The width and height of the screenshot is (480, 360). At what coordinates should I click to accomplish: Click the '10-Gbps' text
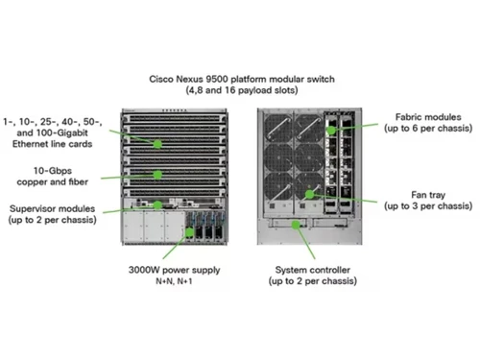click(x=40, y=169)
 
